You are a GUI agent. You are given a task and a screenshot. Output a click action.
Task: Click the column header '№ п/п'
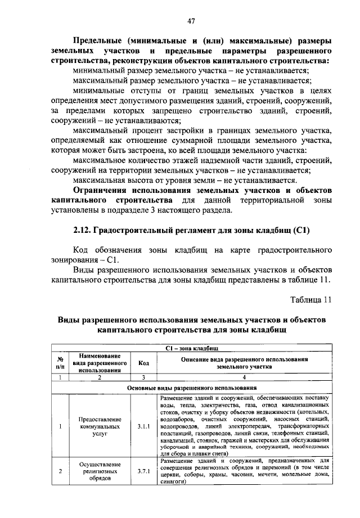click(59, 363)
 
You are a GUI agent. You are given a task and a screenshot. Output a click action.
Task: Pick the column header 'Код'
click(143, 363)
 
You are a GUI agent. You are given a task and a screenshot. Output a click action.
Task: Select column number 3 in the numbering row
click(143, 377)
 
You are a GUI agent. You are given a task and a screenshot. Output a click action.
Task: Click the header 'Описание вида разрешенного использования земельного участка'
click(244, 362)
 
